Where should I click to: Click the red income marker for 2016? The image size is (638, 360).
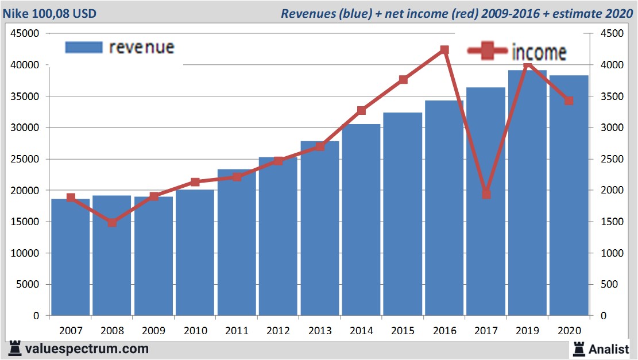point(444,50)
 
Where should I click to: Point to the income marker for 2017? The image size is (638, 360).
point(486,194)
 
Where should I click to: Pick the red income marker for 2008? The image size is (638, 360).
point(113,222)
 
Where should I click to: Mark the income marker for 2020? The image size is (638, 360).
point(569,100)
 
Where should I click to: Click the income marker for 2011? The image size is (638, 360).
point(237,177)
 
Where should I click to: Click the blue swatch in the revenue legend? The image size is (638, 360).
point(84,47)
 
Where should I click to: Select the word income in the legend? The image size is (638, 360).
point(538,52)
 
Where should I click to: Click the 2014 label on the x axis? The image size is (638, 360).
point(361,331)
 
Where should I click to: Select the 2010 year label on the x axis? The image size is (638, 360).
point(195,331)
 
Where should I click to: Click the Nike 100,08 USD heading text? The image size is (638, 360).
point(51,13)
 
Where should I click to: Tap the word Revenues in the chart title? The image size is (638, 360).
point(308,13)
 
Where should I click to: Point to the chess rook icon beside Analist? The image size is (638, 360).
point(578,348)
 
